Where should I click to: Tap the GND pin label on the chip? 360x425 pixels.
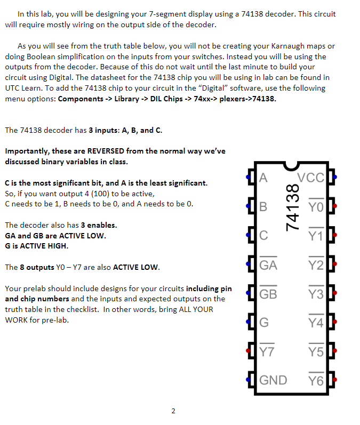pyautogui.click(x=273, y=380)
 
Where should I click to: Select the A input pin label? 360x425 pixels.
pyautogui.click(x=263, y=178)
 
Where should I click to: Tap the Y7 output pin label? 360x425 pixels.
pyautogui.click(x=267, y=351)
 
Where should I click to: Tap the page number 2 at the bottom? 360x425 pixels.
pyautogui.click(x=173, y=411)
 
